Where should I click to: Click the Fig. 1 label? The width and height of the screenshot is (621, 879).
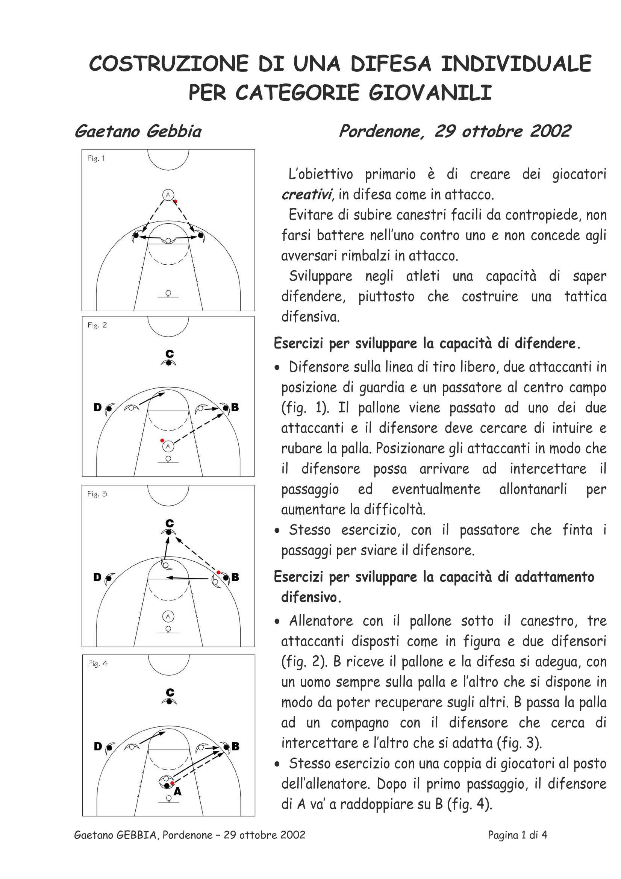pos(96,159)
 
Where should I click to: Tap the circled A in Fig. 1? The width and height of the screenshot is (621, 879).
pos(168,195)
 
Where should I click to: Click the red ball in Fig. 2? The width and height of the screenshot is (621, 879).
pos(162,441)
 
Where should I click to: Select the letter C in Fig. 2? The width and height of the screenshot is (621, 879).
pos(170,354)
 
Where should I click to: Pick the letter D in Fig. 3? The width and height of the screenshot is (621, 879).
pos(98,577)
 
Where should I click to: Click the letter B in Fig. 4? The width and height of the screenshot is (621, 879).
pos(235,746)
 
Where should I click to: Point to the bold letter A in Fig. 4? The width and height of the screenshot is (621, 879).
pos(177,791)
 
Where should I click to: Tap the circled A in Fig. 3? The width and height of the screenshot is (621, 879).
pos(168,617)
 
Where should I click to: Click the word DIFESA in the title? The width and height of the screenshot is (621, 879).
pos(391,64)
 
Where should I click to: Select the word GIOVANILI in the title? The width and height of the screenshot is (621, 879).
pos(430,93)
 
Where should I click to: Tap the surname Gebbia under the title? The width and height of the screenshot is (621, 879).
pos(174,131)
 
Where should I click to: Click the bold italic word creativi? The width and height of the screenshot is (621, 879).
pos(306,195)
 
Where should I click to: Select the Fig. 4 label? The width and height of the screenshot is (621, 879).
pos(98,664)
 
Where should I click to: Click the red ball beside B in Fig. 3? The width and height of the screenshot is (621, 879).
pos(218,572)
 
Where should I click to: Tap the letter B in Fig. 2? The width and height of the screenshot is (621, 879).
pos(235,407)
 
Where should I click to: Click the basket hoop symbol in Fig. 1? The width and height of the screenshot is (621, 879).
pos(168,294)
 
